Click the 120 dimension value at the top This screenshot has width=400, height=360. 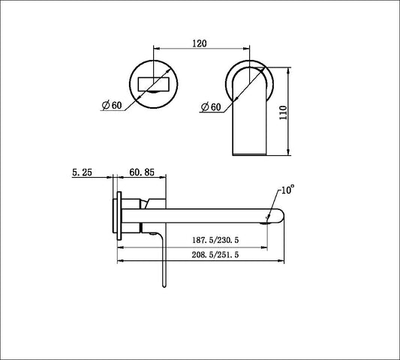pyautogui.click(x=199, y=44)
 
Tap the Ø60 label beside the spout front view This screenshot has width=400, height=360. pyautogui.click(x=211, y=107)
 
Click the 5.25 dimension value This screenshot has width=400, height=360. pyautogui.click(x=82, y=172)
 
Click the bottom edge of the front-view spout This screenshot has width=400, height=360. pyautogui.click(x=251, y=154)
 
